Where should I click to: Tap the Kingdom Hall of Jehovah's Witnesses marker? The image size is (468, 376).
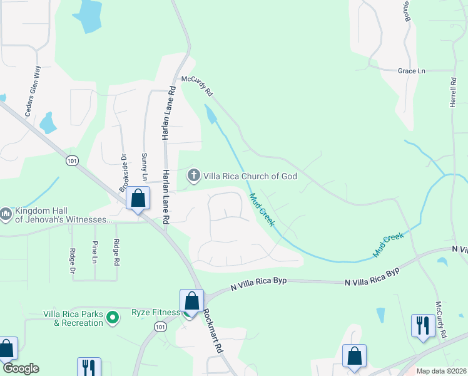click(x=6, y=214)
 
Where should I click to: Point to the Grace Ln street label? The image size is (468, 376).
click(x=411, y=71)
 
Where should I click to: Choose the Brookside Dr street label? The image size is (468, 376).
click(x=123, y=172)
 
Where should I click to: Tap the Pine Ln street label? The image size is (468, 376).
click(x=94, y=251)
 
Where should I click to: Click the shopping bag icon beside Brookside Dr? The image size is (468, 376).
click(x=138, y=199)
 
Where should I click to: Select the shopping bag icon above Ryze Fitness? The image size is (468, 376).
click(x=192, y=300)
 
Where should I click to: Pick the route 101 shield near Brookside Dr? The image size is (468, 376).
click(x=73, y=161)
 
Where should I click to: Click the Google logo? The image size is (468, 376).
click(x=20, y=368)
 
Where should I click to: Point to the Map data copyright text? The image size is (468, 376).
click(x=440, y=371)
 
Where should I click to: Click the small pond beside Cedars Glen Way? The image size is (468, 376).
click(x=48, y=124)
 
